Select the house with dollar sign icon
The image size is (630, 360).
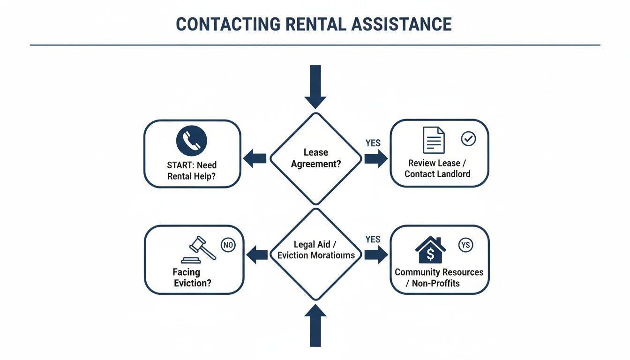pyautogui.click(x=430, y=250)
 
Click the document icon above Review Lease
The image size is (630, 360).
pyautogui.click(x=434, y=140)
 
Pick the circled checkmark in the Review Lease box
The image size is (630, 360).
pyautogui.click(x=468, y=138)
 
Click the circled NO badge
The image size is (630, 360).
pyautogui.click(x=228, y=245)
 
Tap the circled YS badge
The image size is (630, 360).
pyautogui.click(x=466, y=245)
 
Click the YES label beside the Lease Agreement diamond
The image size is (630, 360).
pyautogui.click(x=373, y=143)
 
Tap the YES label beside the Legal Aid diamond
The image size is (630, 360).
pyautogui.click(x=373, y=240)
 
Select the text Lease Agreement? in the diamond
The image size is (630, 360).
pyautogui.click(x=315, y=158)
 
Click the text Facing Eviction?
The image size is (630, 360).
pyautogui.click(x=192, y=277)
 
